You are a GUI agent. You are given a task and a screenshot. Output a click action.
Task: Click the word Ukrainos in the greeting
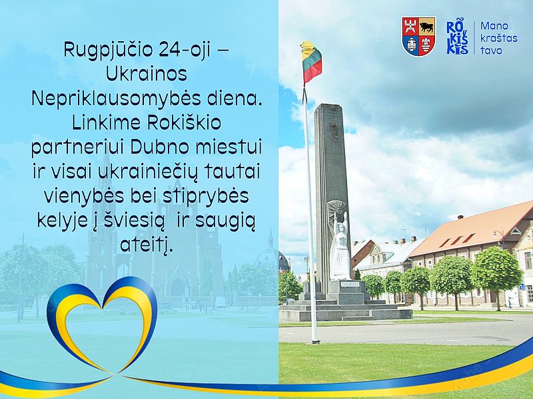(147, 74)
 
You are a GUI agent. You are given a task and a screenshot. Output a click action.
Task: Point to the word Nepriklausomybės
(116, 98)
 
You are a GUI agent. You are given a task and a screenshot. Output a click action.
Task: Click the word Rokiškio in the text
(185, 123)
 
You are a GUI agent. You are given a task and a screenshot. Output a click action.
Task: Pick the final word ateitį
(147, 245)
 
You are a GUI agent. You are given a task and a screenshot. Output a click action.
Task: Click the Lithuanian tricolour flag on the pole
(310, 61)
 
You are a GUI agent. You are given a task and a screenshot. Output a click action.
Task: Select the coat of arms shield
(419, 37)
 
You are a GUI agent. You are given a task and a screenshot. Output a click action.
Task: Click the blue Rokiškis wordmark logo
(457, 37)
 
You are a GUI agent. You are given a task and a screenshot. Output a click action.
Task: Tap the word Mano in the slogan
(494, 26)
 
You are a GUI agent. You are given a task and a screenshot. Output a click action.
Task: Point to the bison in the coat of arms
(427, 27)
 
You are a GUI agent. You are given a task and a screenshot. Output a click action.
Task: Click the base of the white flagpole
(315, 340)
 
